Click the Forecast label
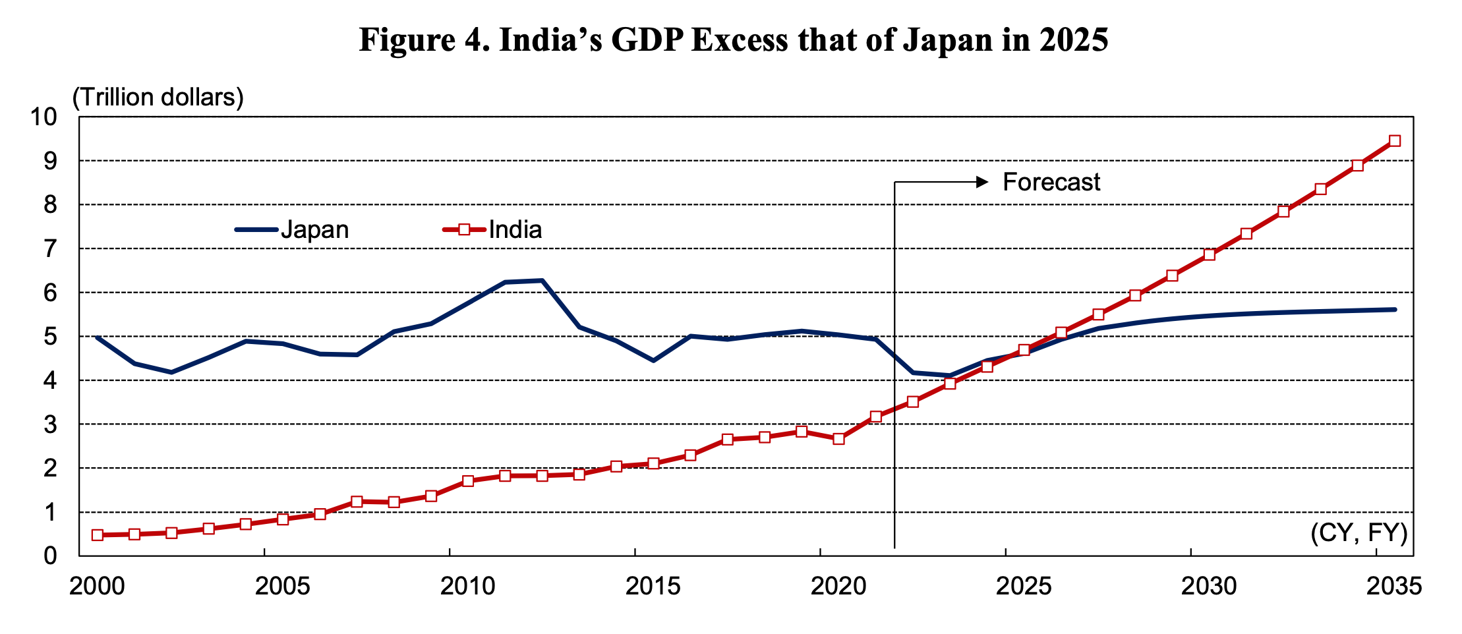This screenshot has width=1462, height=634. click(x=1051, y=183)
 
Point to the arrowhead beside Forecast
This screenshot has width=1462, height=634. click(x=983, y=182)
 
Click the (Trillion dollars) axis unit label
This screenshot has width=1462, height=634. click(x=158, y=98)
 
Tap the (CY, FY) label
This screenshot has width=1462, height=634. click(x=1359, y=533)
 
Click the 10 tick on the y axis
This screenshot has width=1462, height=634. click(x=44, y=117)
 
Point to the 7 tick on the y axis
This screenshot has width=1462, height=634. click(x=51, y=249)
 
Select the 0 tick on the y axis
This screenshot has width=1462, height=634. click(x=51, y=556)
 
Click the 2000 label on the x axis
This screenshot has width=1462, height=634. click(x=97, y=586)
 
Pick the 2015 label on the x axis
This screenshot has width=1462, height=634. click(x=653, y=586)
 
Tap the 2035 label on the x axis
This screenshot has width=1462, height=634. click(x=1393, y=586)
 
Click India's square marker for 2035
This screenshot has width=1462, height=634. click(x=1395, y=141)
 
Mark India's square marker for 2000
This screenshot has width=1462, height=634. click(x=98, y=535)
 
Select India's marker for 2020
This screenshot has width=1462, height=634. click(x=838, y=439)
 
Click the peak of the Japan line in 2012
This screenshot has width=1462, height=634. click(x=542, y=280)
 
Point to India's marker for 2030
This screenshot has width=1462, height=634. click(x=1209, y=255)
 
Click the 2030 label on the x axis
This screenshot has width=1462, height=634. click(x=1208, y=586)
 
